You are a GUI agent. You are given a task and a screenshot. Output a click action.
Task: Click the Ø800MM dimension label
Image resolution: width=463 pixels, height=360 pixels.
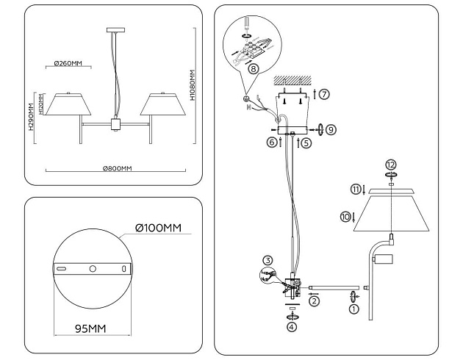click(x=117, y=169)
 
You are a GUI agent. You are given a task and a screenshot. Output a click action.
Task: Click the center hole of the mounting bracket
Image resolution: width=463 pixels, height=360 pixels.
click(x=93, y=270)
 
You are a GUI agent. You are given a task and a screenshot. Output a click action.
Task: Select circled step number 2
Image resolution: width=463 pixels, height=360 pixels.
click(x=315, y=300)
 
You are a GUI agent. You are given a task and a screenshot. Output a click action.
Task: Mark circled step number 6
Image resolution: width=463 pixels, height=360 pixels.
click(x=271, y=142)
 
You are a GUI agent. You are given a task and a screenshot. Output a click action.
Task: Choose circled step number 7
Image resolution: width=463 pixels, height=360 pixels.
click(x=324, y=94)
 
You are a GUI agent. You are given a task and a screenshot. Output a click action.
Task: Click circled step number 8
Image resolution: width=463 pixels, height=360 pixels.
click(x=254, y=68)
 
